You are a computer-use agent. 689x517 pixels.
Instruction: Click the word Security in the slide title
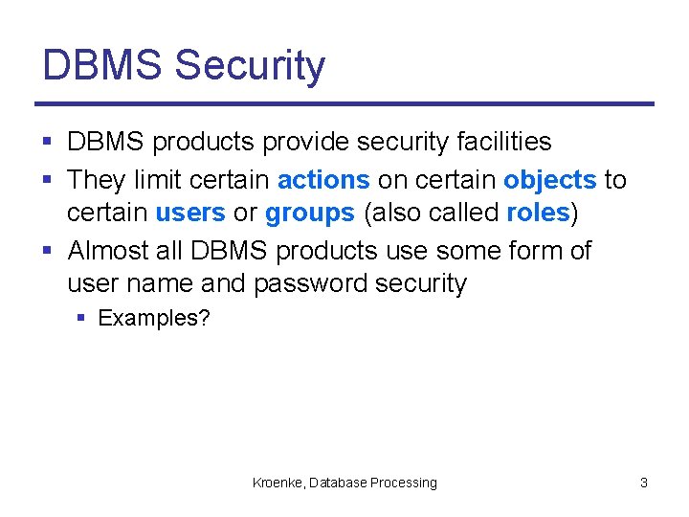coord(251,66)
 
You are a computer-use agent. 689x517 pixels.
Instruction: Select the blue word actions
coord(323,180)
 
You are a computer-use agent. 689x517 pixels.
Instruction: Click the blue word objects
coord(549,180)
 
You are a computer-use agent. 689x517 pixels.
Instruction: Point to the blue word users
coord(190,213)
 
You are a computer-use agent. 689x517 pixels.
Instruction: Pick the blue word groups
coord(309,213)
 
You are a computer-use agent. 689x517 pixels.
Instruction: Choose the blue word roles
coord(538,213)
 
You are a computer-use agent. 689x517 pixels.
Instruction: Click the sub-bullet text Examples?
coord(154,318)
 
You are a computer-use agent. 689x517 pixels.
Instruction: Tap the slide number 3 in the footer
coord(644,483)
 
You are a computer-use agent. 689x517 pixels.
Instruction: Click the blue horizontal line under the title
coord(344,103)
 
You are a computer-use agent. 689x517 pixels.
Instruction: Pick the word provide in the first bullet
coord(301,142)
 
